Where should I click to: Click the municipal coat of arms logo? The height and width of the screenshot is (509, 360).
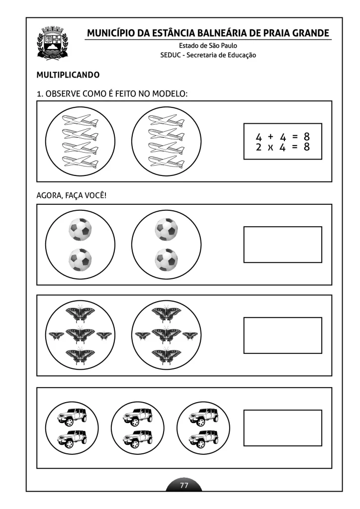[52, 43]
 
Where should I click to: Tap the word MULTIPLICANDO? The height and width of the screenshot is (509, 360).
[68, 75]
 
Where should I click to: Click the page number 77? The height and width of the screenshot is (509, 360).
[184, 485]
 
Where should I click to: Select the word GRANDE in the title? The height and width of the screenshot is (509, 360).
[311, 33]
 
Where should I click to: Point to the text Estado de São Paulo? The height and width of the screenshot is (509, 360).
[208, 45]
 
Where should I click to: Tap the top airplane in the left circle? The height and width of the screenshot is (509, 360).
[80, 120]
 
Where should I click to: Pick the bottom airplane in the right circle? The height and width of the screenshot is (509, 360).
[166, 162]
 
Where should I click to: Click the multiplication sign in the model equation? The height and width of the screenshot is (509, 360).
[270, 148]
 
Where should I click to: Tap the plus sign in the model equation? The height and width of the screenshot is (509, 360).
[270, 137]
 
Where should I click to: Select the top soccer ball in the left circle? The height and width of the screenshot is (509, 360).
[80, 229]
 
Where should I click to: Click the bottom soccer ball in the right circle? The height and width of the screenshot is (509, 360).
[166, 259]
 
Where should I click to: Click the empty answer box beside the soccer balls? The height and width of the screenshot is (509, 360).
[283, 245]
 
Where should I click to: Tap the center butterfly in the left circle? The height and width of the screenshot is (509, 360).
[80, 335]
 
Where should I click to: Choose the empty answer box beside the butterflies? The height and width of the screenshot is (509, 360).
[283, 336]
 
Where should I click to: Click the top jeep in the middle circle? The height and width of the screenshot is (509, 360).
[138, 417]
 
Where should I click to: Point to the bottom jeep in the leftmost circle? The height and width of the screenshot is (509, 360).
[72, 439]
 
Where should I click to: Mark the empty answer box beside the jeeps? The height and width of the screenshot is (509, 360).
[283, 428]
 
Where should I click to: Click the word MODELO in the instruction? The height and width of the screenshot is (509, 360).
[170, 94]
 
